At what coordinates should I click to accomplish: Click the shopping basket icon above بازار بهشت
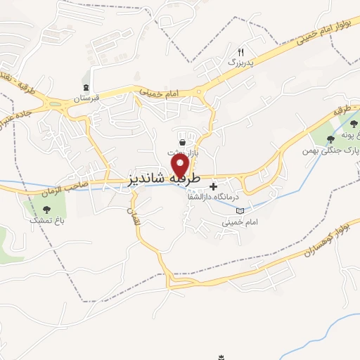coord(182,143)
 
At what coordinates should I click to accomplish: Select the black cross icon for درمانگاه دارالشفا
coord(214,186)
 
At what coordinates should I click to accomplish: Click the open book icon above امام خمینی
coord(240,210)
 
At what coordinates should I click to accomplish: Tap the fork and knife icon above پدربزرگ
coord(240,51)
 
